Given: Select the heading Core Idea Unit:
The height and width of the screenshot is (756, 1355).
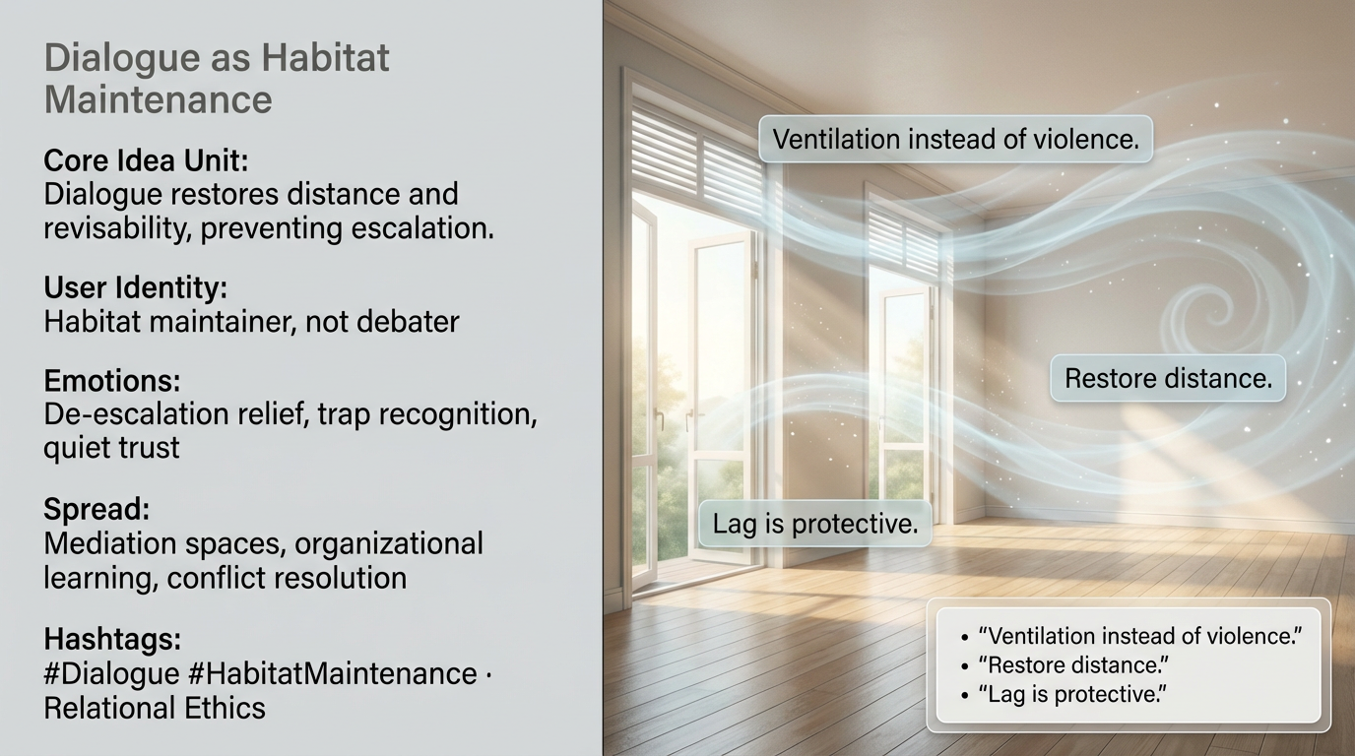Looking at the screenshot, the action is coord(146,160).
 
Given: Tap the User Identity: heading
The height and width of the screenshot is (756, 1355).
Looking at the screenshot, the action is coord(136,287).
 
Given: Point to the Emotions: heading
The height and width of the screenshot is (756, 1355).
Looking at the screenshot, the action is coord(112,381).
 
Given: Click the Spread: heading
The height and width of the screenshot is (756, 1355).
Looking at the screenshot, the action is coord(97,509).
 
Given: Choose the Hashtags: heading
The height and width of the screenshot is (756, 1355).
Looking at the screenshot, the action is coord(112,639).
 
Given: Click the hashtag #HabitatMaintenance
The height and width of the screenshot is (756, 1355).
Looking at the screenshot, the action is coord(333,673).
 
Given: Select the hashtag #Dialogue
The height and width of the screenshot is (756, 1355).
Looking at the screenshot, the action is coord(112,673).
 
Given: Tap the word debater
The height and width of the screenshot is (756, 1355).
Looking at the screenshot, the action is coord(409,321).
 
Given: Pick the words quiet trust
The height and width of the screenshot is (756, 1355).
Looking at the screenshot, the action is coord(111,448).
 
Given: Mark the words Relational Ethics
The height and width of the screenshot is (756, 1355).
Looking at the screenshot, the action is coord(155,708).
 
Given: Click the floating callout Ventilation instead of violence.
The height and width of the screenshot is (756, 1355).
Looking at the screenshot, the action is coord(956,139).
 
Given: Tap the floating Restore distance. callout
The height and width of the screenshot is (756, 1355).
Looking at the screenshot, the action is coord(1168,379).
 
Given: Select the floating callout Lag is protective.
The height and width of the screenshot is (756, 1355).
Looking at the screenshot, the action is coord(815,524).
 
